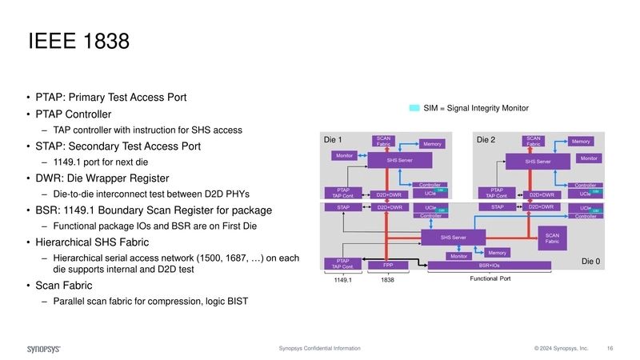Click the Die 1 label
click(x=333, y=140)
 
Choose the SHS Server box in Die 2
click(x=538, y=162)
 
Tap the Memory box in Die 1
click(x=433, y=144)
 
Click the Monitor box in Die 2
click(x=588, y=158)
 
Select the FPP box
click(x=388, y=264)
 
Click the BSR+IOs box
click(x=490, y=264)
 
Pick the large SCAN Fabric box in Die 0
click(x=552, y=237)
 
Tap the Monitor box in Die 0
click(x=458, y=256)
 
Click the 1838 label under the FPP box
click(x=388, y=280)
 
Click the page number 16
click(x=610, y=349)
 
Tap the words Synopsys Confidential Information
click(x=319, y=349)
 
